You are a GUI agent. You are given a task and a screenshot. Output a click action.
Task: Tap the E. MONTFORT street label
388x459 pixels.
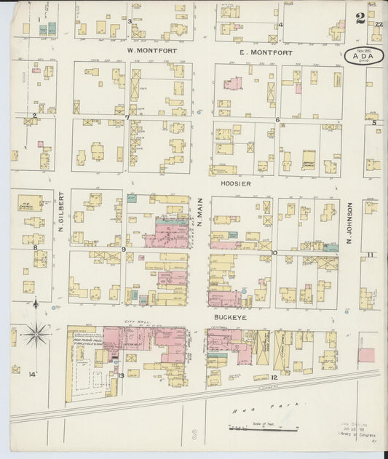click(266, 52)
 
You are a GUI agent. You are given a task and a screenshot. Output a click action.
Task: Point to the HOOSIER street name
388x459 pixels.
click(237, 184)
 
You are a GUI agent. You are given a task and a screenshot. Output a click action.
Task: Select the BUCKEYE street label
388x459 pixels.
click(228, 318)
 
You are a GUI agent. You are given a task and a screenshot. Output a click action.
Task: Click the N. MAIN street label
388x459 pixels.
click(199, 215)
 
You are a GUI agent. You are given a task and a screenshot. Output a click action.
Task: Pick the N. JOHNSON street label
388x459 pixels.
click(349, 223)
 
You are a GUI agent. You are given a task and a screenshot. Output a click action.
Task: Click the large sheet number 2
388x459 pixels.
click(360, 20)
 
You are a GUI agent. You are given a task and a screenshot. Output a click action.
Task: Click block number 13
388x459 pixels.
click(122, 375)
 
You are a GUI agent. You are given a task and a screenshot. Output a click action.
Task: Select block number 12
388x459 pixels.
click(274, 378)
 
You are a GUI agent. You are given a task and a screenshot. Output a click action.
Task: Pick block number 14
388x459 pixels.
click(31, 374)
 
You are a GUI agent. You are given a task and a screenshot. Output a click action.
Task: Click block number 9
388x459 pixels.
click(124, 250)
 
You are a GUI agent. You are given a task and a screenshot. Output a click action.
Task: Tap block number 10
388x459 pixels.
click(274, 253)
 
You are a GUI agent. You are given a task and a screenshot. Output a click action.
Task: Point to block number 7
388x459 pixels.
click(127, 117)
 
